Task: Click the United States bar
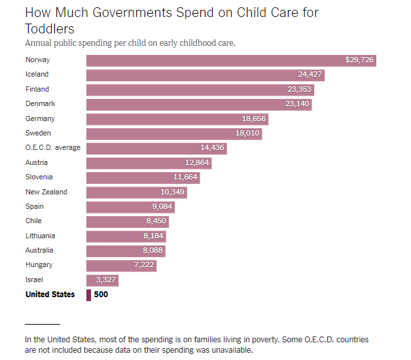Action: [88, 295]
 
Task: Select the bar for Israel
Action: [103, 280]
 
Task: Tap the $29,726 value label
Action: [359, 60]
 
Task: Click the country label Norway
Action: [38, 60]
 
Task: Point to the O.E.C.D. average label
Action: [53, 148]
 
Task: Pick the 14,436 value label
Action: [212, 148]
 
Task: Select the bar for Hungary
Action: [122, 266]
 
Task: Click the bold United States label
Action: [50, 295]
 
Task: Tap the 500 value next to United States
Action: [101, 295]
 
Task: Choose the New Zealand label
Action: [46, 192]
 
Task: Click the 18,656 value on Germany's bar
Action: [254, 118]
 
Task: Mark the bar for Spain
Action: [130, 207]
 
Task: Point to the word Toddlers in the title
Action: [50, 29]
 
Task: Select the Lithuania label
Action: [41, 236]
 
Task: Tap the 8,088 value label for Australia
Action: [152, 250]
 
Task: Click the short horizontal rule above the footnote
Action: [43, 325]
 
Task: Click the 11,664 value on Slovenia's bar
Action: [185, 177]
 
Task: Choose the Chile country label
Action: [33, 221]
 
